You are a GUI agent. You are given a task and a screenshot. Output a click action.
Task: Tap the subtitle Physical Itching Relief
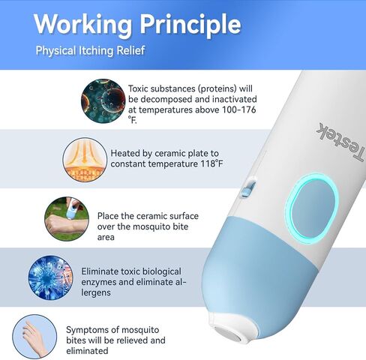(90, 50)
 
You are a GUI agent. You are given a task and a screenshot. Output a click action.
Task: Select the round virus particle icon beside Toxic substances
(103, 100)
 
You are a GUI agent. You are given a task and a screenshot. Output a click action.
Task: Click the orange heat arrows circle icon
(85, 159)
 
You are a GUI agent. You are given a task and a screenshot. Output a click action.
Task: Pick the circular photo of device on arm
(67, 219)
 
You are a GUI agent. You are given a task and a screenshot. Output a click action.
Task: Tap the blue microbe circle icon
(50, 277)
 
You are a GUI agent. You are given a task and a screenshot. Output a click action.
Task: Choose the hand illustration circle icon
(34, 337)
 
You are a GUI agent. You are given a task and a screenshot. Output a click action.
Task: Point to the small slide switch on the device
(248, 188)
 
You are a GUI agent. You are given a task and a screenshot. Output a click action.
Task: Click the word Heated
(125, 153)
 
